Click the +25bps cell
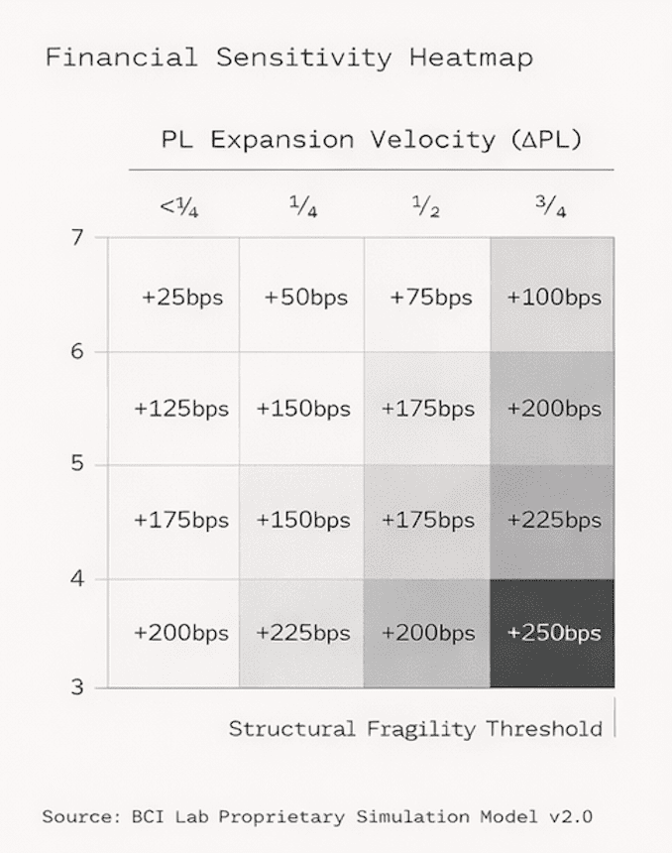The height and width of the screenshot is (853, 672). click(182, 298)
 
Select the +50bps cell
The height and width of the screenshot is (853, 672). click(306, 298)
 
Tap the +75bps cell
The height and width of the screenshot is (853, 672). click(431, 298)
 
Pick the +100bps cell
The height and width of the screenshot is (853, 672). click(554, 298)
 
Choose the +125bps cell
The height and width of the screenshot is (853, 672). click(181, 409)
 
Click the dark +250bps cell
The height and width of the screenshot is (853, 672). click(554, 633)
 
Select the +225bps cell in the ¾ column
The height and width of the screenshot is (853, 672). click(554, 520)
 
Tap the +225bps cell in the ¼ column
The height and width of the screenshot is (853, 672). click(303, 633)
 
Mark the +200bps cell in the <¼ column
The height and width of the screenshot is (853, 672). click(181, 633)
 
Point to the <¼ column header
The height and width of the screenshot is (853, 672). click(179, 207)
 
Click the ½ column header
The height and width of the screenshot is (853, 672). click(426, 207)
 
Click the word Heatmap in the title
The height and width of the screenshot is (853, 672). click(471, 57)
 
